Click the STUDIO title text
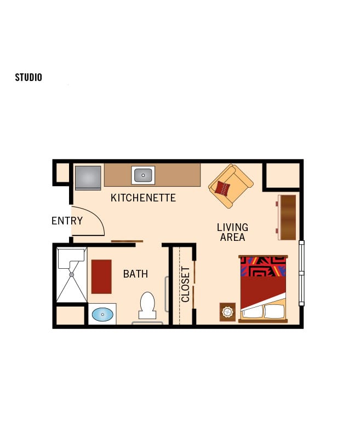point(28,77)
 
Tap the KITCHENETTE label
point(143,198)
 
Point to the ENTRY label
point(67,221)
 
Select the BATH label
point(135,274)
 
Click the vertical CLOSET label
point(185,284)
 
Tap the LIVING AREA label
point(232,232)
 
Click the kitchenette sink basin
point(143,175)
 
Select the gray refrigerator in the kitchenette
point(88,177)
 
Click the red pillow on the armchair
point(222,188)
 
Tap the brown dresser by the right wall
point(287,217)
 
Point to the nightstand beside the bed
point(227,312)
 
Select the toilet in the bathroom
point(147,305)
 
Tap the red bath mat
point(101,276)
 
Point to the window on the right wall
point(301,273)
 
